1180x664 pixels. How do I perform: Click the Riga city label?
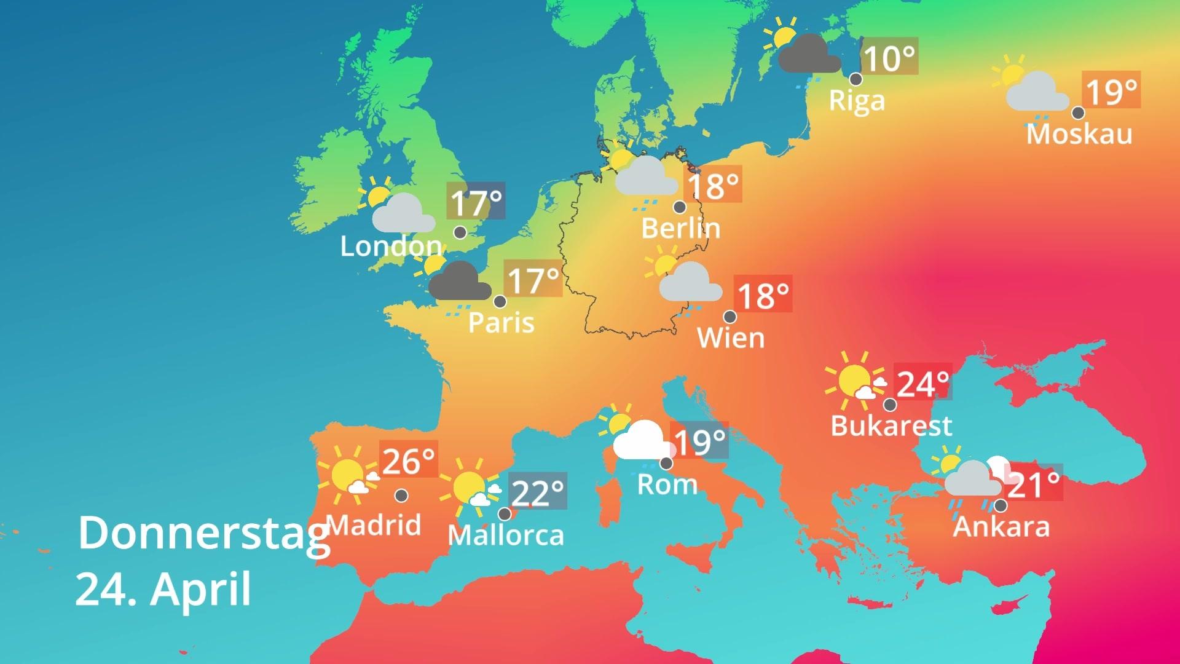click(857, 101)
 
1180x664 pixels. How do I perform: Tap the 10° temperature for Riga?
click(889, 59)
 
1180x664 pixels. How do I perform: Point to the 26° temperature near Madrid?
click(408, 461)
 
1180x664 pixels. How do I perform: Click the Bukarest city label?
click(891, 425)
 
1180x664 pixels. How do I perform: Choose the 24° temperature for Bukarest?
click(922, 384)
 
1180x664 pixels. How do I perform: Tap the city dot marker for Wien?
click(730, 317)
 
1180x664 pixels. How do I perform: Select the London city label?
click(391, 247)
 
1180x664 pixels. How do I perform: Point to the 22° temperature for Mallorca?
click(537, 492)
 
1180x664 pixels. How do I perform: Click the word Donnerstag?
click(203, 534)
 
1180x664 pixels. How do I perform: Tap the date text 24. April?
click(163, 589)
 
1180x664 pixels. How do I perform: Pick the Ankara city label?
click(1001, 527)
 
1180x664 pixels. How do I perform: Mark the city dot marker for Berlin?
click(680, 207)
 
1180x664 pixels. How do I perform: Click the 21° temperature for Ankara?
click(1034, 485)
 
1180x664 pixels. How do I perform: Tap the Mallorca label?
click(506, 535)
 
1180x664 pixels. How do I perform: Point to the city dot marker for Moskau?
click(1078, 113)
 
